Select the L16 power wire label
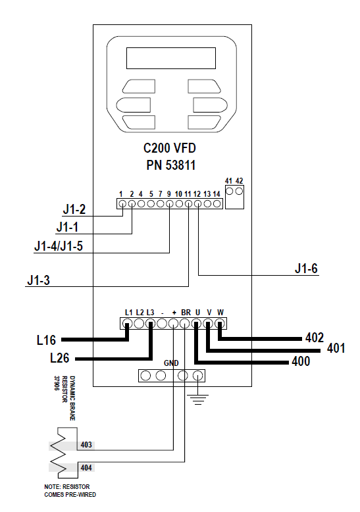[x=47, y=340]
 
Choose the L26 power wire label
[x=63, y=359]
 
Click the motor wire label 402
[x=315, y=338]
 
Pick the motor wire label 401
[x=336, y=348]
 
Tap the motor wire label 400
[x=301, y=361]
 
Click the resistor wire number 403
[x=86, y=445]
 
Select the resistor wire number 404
[x=86, y=468]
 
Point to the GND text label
[x=171, y=363]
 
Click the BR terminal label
[x=186, y=312]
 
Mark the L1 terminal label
[x=128, y=312]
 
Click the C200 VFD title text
[x=170, y=149]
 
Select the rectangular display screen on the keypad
[x=170, y=59]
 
